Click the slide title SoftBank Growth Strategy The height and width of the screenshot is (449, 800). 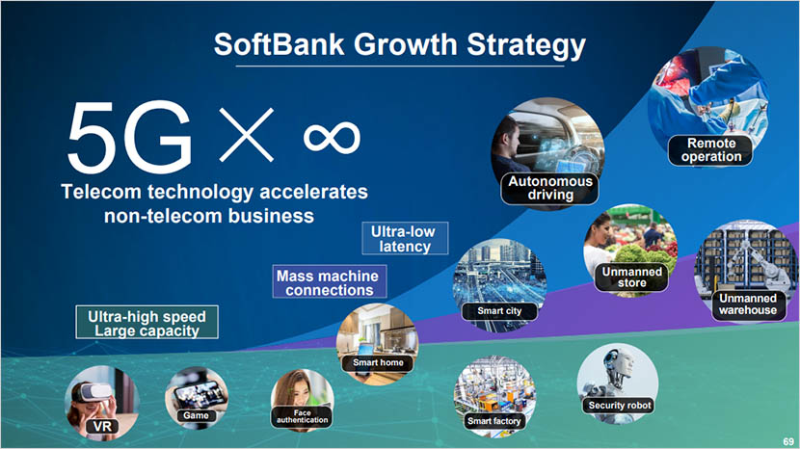coord(399,44)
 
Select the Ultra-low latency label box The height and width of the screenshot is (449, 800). coord(405,239)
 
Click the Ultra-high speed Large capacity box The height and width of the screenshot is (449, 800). coord(147,323)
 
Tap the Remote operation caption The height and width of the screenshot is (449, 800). coord(711,149)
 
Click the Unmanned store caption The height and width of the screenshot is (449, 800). coord(632,277)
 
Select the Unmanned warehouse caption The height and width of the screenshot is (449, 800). coord(747,304)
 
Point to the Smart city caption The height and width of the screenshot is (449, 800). coord(500,311)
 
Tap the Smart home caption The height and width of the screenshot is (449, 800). coord(377,362)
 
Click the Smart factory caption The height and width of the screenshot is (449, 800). coord(493,421)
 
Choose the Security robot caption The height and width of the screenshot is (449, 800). coord(620,406)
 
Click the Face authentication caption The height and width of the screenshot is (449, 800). coord(303,415)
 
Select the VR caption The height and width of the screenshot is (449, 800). coord(100,425)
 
